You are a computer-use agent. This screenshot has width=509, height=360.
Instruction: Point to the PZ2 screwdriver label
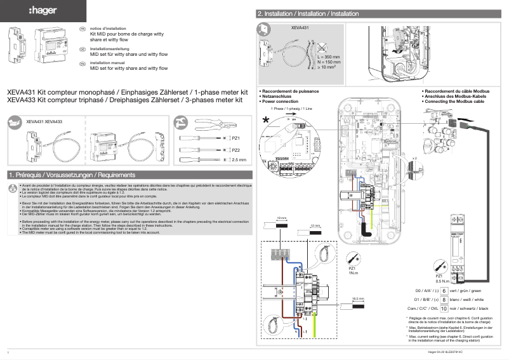pyautogui.click(x=235, y=150)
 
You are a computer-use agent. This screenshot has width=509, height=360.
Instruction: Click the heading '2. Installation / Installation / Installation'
pyautogui.click(x=307, y=13)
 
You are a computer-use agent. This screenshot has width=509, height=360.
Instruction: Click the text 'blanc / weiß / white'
pyautogui.click(x=469, y=299)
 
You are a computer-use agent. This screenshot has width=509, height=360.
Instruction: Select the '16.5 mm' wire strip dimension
pyautogui.click(x=357, y=297)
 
